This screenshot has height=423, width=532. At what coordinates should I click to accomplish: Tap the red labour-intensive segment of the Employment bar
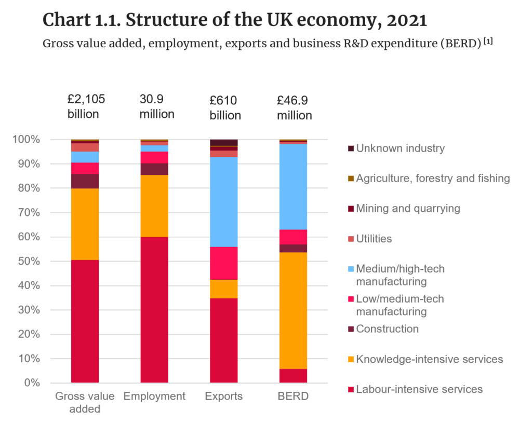(x=154, y=310)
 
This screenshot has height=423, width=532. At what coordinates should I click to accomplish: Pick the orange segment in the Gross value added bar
(x=85, y=224)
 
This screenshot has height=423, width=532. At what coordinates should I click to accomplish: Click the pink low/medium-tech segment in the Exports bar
(x=223, y=263)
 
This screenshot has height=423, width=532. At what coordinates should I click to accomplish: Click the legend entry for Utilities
(x=374, y=239)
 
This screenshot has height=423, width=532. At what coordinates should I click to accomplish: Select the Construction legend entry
(x=387, y=329)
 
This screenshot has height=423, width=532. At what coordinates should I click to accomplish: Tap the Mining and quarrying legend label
(x=408, y=209)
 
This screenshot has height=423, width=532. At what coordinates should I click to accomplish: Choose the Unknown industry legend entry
(x=400, y=148)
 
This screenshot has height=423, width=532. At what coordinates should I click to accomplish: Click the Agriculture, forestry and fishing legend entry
(x=433, y=179)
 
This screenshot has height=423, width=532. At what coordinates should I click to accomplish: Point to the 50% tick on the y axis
(x=28, y=262)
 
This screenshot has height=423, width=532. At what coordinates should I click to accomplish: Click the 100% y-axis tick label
(x=25, y=140)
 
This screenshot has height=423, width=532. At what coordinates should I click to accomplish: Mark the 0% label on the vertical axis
(x=30, y=383)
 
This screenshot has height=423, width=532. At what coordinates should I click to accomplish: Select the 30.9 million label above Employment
(x=157, y=106)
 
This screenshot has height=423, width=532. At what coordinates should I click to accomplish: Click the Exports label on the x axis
(x=223, y=397)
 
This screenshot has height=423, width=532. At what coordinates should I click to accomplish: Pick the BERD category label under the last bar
(x=293, y=397)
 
